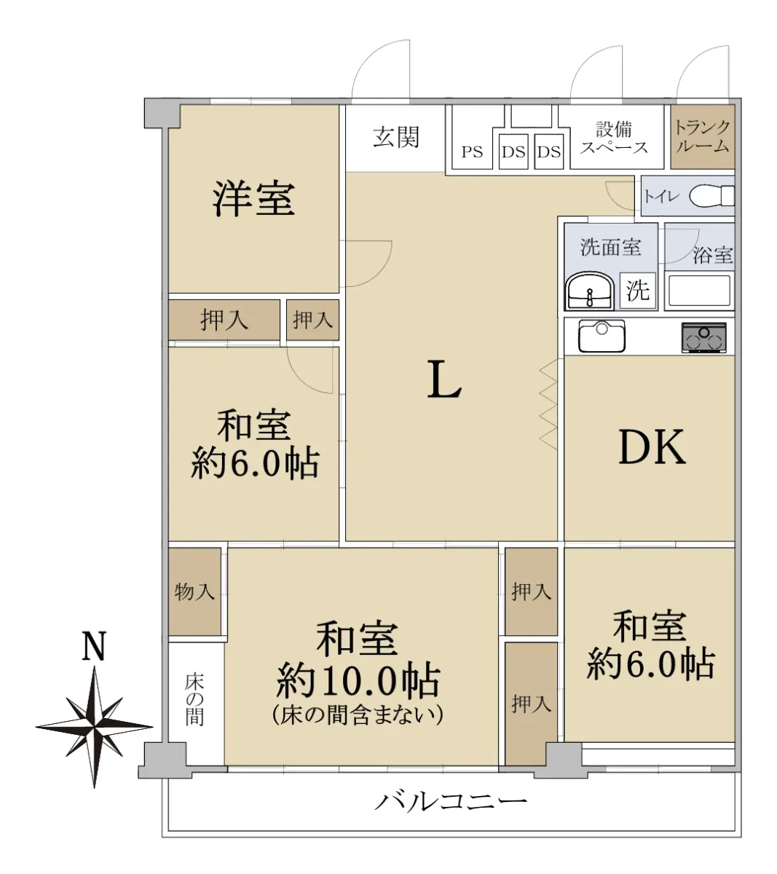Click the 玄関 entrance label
(x=395, y=137)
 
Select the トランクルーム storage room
(x=703, y=137)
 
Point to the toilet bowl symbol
(x=712, y=196)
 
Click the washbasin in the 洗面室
(x=589, y=291)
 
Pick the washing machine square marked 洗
(x=638, y=291)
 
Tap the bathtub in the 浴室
(x=699, y=291)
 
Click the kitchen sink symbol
(x=602, y=336)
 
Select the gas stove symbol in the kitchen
(x=703, y=338)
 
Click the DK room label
(x=652, y=447)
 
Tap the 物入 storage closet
(x=194, y=591)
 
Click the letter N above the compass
(x=94, y=646)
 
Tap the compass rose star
(x=94, y=727)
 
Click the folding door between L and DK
(x=548, y=406)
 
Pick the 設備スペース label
(x=613, y=138)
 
